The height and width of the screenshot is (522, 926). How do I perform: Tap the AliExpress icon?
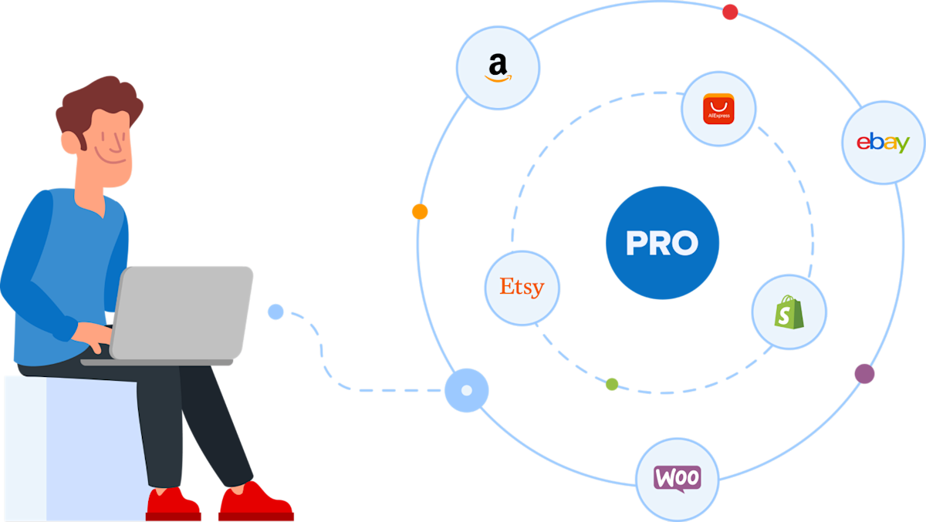[718, 109]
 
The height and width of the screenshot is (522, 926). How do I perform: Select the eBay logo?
[883, 143]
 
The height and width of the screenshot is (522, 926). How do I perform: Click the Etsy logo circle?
[522, 288]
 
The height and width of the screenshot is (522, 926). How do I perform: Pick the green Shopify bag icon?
[789, 312]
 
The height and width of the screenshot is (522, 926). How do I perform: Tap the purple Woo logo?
[677, 477]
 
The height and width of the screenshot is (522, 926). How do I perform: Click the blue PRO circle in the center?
[662, 243]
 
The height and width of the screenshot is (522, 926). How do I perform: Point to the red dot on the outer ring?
[729, 12]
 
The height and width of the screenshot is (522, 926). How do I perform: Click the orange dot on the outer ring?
[420, 211]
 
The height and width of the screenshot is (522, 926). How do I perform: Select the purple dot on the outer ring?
[864, 374]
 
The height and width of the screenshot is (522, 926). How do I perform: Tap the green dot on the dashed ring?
[612, 384]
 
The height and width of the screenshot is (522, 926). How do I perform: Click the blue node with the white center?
[466, 390]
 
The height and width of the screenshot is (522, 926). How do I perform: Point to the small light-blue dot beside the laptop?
[275, 312]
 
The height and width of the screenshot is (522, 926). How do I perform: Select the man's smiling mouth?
[113, 160]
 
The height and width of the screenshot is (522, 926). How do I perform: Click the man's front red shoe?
[255, 503]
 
